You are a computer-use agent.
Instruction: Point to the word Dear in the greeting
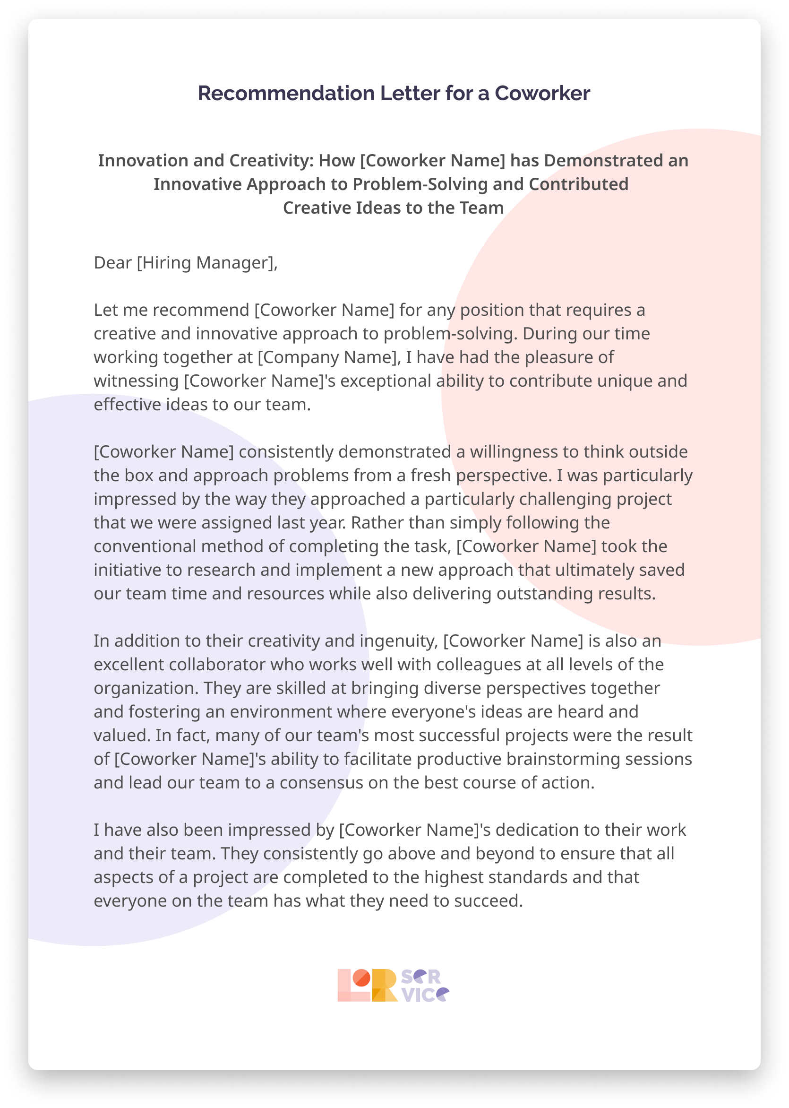coord(113,263)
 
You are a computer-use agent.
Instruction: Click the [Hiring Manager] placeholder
coord(207,263)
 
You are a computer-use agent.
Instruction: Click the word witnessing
coord(137,381)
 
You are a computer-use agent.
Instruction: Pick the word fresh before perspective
coord(430,475)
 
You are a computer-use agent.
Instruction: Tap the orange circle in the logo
coord(361,977)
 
